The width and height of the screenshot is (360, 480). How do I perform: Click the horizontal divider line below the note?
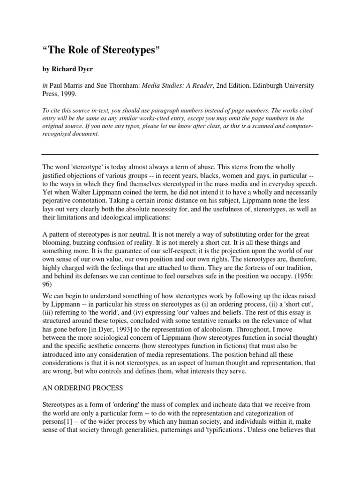click(x=180, y=154)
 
